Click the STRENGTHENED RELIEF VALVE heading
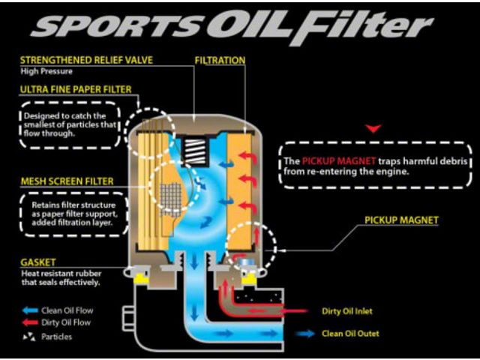[x=86, y=60]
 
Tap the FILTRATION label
[x=220, y=60]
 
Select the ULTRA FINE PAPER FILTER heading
[x=76, y=89]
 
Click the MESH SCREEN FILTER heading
[x=67, y=181]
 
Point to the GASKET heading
[x=38, y=262]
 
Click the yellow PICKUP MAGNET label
[x=401, y=220]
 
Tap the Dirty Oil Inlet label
[x=347, y=311]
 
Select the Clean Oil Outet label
[x=350, y=333]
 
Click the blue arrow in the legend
[x=30, y=310]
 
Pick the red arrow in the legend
[x=30, y=322]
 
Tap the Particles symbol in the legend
[x=29, y=337]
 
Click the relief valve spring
[x=195, y=151]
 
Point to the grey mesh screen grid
[x=171, y=198]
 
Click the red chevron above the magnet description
[x=373, y=128]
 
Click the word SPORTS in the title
[x=118, y=26]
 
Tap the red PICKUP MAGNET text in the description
[x=339, y=161]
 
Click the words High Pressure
[x=46, y=71]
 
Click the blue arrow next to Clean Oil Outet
[x=304, y=333]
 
